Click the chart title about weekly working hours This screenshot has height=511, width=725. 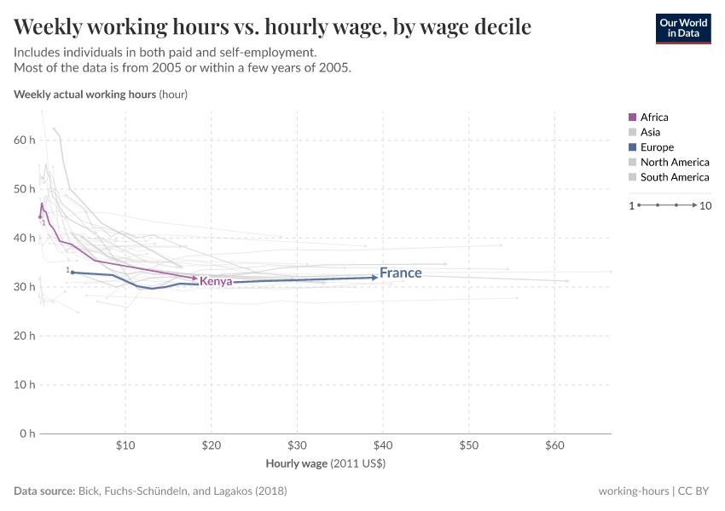click(272, 27)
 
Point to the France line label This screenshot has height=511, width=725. click(401, 273)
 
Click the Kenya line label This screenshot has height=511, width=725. click(217, 281)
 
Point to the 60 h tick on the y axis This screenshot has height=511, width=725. click(25, 140)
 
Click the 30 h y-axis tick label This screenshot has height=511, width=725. click(25, 287)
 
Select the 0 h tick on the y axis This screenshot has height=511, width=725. click(27, 433)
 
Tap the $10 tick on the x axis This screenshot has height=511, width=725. click(125, 445)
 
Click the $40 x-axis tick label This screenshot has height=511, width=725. click(383, 445)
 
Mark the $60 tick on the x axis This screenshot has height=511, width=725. click(554, 445)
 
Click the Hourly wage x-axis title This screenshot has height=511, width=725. click(326, 464)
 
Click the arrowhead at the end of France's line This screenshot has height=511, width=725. click(374, 277)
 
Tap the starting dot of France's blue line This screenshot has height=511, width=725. click(72, 273)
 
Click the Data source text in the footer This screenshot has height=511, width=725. click(150, 491)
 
